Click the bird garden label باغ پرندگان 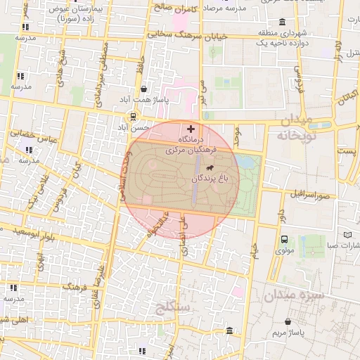click(x=208, y=179)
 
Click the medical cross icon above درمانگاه click(x=191, y=129)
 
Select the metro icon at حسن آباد click(x=132, y=117)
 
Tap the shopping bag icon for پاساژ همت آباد click(x=143, y=89)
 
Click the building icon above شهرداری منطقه click(x=283, y=21)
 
